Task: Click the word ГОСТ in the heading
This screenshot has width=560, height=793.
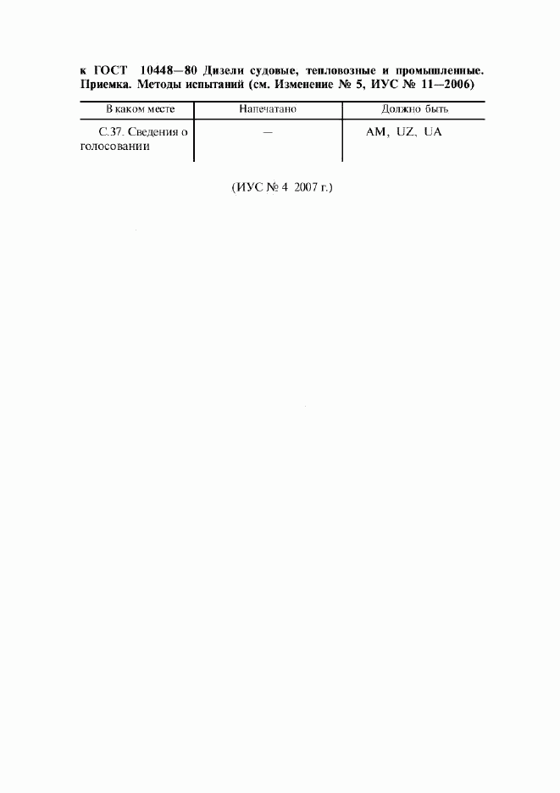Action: click(x=110, y=70)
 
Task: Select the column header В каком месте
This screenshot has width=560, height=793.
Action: click(x=140, y=108)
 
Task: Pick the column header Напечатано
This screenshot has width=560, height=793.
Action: click(x=268, y=108)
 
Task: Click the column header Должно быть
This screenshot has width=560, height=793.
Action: click(x=414, y=108)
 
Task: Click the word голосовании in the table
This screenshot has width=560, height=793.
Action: click(x=115, y=147)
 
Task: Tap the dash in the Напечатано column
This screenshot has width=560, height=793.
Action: click(x=268, y=132)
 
